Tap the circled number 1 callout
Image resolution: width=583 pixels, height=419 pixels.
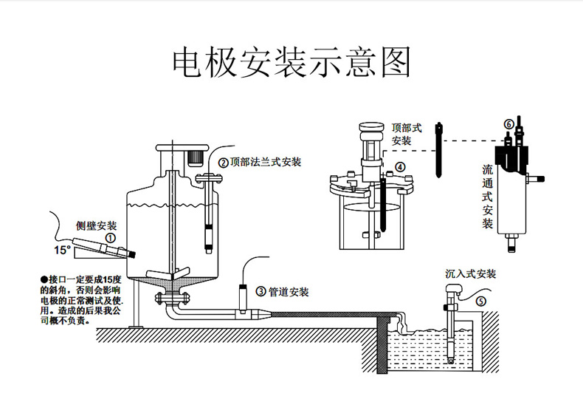[x=109, y=239]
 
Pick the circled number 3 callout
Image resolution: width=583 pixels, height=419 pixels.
[x=261, y=292]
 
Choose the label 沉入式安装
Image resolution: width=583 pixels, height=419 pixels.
[x=470, y=273]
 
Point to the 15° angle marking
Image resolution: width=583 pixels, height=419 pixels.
[x=62, y=250]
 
